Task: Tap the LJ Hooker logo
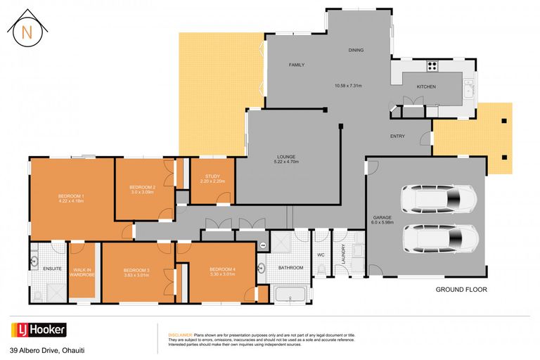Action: [39, 329]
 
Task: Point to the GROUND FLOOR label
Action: [461, 289]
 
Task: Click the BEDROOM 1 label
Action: [71, 198]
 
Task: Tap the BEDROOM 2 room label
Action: [143, 188]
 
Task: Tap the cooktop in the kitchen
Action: [432, 67]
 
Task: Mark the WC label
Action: [321, 255]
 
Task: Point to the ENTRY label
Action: [398, 136]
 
